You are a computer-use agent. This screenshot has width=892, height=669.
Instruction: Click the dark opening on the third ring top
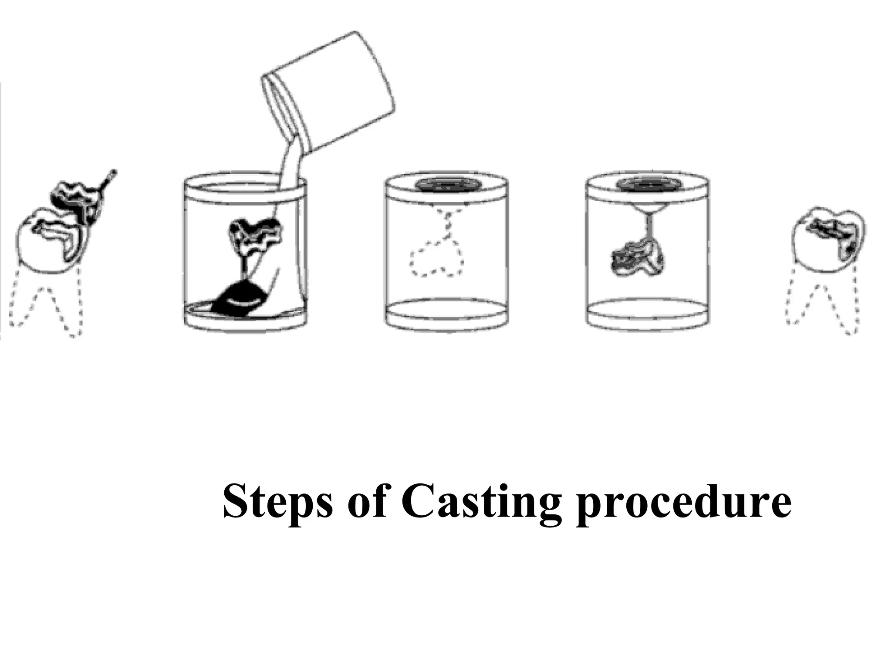tap(446, 184)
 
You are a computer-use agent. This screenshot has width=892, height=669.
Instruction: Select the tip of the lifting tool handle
tap(113, 172)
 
